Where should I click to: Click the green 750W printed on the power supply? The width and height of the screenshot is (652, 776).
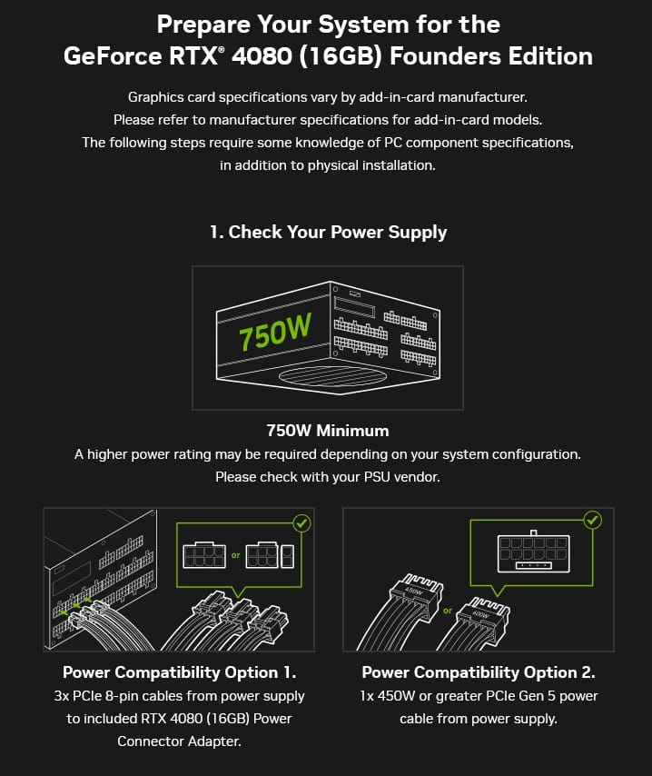(x=275, y=331)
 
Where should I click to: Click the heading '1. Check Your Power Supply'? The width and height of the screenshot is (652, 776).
(x=328, y=232)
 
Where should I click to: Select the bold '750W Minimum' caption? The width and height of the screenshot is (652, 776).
(x=328, y=431)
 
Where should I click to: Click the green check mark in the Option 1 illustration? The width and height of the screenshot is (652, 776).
(x=301, y=523)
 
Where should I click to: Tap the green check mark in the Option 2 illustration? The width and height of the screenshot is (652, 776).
(x=593, y=520)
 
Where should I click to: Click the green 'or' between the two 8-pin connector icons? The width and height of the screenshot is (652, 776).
(x=235, y=555)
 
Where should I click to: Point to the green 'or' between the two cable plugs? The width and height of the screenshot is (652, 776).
(x=448, y=611)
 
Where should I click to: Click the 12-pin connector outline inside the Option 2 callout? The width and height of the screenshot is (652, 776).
(x=533, y=552)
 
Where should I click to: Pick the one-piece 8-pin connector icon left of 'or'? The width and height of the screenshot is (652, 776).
(x=204, y=555)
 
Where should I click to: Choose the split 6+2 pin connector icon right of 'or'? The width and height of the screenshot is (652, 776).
(x=270, y=555)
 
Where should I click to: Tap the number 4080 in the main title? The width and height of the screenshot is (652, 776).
(x=262, y=55)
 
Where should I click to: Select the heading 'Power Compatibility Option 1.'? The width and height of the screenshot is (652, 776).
(x=179, y=672)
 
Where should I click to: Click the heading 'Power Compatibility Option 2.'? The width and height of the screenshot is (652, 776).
(x=479, y=672)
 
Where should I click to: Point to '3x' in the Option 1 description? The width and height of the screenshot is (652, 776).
(x=62, y=696)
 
